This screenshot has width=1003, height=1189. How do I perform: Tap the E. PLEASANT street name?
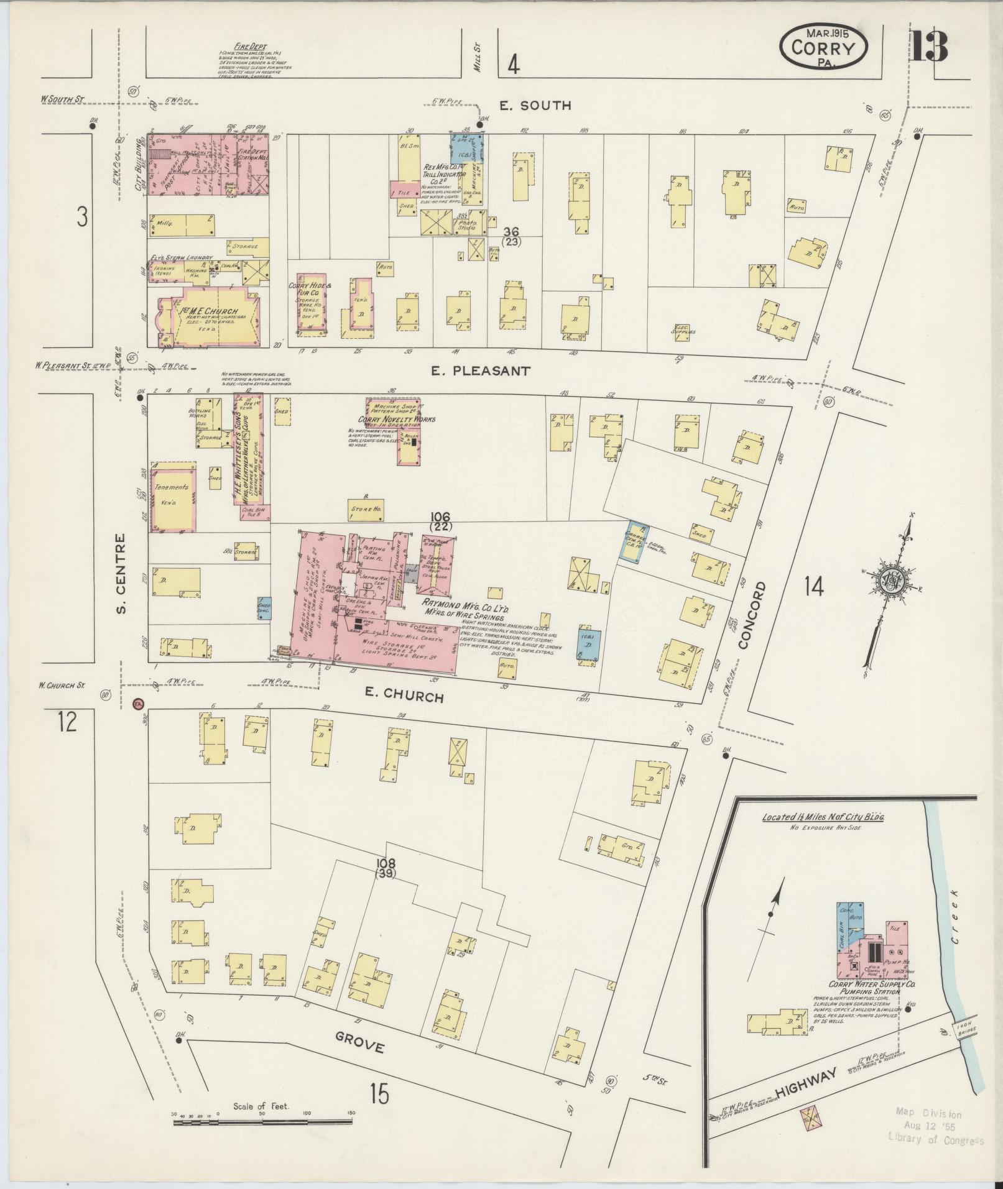coord(481,371)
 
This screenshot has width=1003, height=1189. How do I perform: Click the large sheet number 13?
coord(929,45)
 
